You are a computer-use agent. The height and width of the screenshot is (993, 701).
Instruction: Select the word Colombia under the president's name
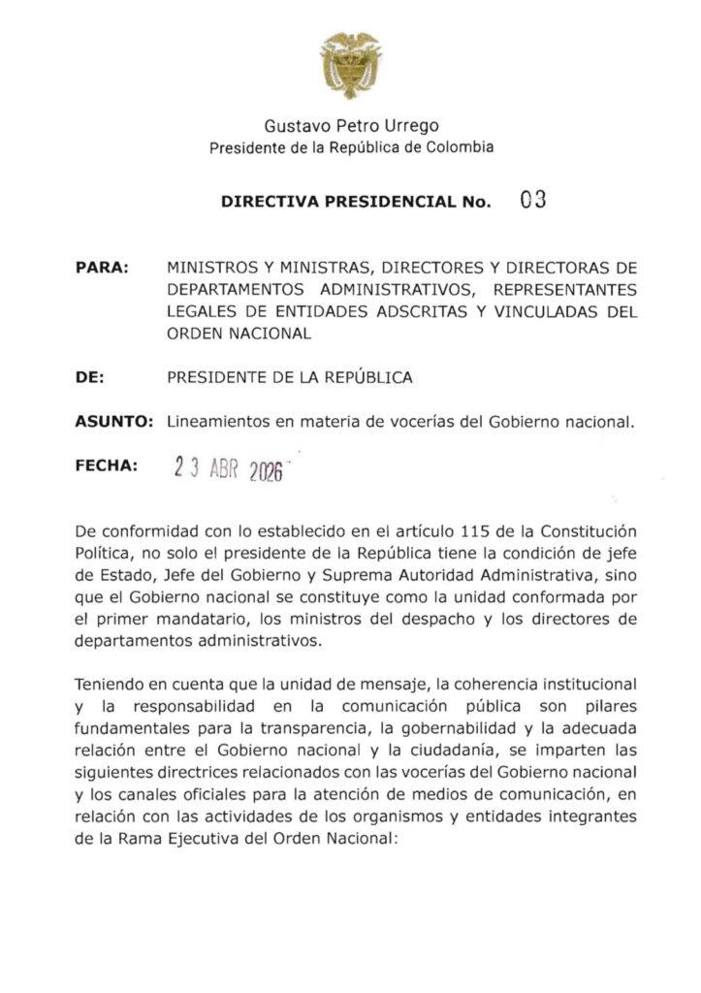[461, 147]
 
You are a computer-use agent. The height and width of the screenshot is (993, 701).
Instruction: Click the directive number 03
[533, 201]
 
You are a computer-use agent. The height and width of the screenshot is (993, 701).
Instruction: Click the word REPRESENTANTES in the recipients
[564, 290]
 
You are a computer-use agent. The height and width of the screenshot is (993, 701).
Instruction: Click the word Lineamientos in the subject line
[217, 423]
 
